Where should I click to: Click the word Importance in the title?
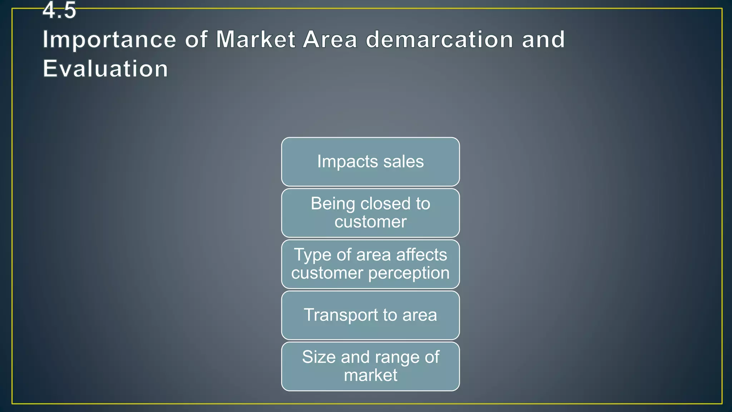[x=109, y=39]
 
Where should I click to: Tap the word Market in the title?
[x=256, y=39]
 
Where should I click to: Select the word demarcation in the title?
[x=440, y=39]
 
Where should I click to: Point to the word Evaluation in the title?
[x=105, y=69]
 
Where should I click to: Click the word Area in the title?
[x=330, y=39]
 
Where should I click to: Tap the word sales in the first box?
[x=404, y=162]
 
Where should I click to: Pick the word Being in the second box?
[x=333, y=204]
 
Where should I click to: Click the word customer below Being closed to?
[x=370, y=222]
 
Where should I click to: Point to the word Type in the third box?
[x=312, y=255]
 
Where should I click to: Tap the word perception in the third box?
[x=409, y=274]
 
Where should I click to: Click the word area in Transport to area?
[x=420, y=315]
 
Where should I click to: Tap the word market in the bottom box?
[x=370, y=376]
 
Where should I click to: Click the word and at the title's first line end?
[x=543, y=39]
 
